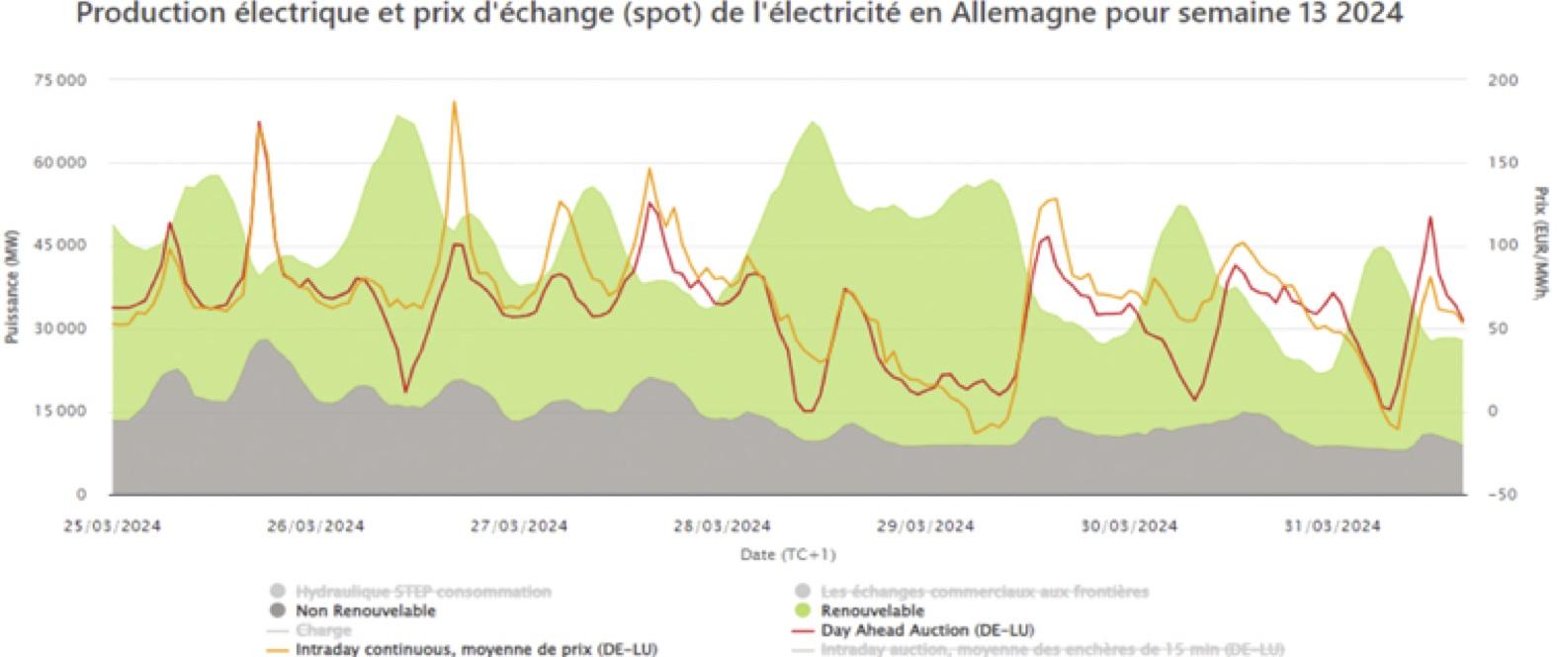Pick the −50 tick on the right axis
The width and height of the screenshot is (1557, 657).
[1500, 494]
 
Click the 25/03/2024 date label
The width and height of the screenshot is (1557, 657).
[112, 525]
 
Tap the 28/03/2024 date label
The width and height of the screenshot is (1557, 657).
[722, 525]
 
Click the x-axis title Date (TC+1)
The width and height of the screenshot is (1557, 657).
[788, 554]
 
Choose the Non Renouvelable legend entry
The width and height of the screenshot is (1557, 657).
[365, 610]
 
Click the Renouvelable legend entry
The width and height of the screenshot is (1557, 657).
[871, 610]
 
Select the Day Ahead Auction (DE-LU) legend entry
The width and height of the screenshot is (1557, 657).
[926, 630]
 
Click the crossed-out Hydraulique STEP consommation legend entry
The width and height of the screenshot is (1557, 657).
[423, 592]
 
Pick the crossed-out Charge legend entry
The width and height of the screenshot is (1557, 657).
[323, 630]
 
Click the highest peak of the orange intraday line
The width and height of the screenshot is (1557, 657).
[454, 102]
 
